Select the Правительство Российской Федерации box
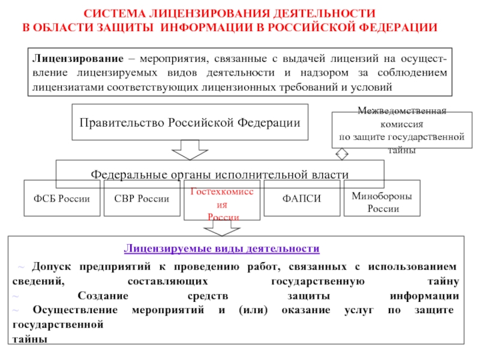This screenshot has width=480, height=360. point(190,122)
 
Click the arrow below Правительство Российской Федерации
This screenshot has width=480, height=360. point(190,149)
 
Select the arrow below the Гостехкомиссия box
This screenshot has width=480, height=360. point(223,229)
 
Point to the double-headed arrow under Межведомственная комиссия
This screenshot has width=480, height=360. point(341,154)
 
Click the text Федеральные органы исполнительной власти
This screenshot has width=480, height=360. point(220,174)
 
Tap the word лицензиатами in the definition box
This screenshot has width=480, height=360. point(67,86)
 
